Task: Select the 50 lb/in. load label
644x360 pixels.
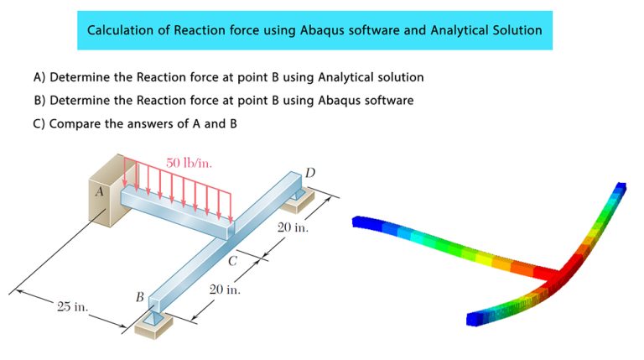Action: (189, 162)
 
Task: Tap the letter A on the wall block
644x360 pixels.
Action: (100, 190)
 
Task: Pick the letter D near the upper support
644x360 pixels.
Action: (310, 173)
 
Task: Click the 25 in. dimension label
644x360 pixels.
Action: (73, 307)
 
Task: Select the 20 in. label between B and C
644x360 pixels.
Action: (225, 290)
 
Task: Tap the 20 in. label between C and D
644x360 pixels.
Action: (293, 227)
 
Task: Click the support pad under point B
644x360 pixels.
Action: (152, 325)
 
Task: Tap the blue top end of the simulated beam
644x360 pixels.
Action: (621, 188)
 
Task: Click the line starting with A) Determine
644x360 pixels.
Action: (228, 77)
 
